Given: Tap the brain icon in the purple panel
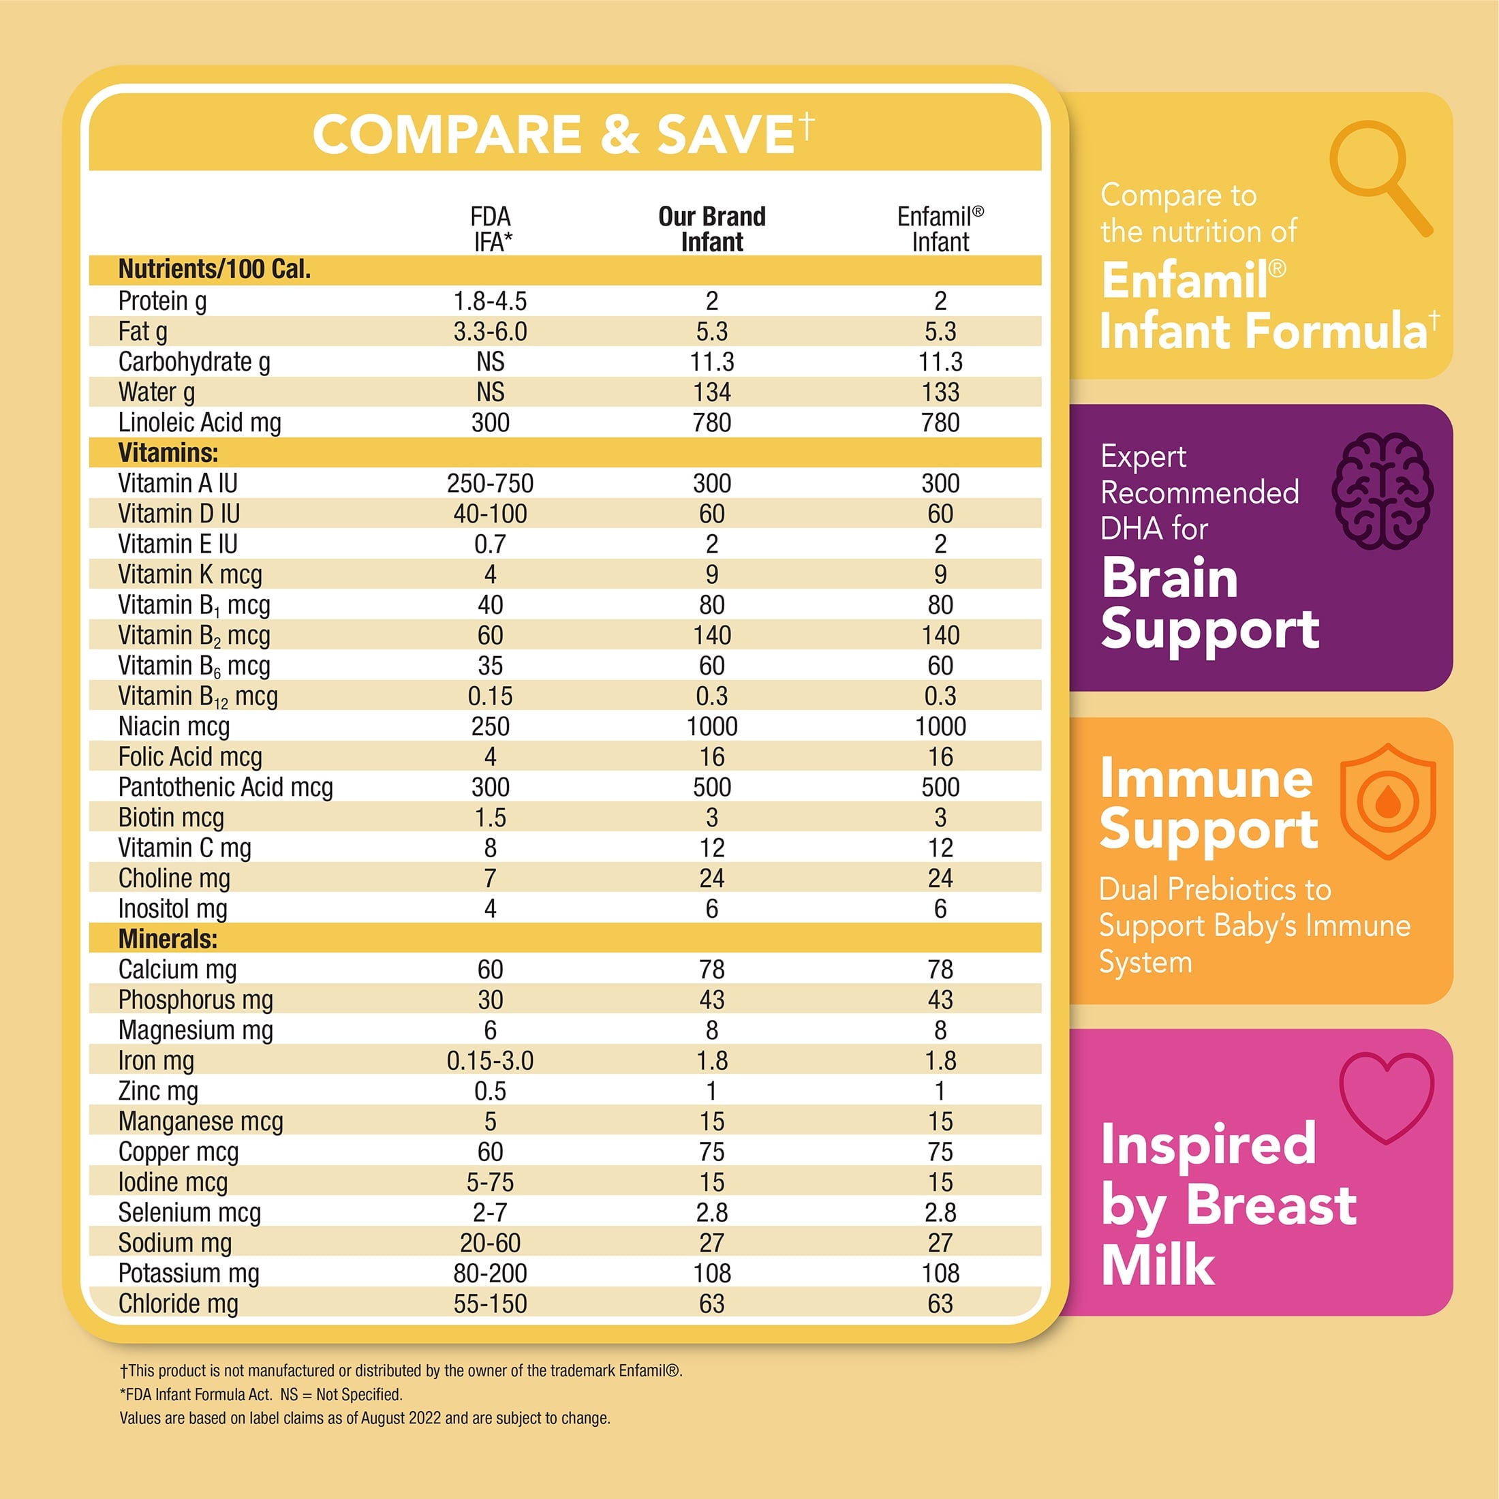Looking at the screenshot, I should [x=1382, y=491].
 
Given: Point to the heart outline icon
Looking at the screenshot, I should [x=1387, y=1096].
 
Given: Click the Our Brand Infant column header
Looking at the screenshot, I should [x=711, y=229].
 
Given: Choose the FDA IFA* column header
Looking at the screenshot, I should [x=491, y=229].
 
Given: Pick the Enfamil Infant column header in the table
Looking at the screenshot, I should [x=940, y=229].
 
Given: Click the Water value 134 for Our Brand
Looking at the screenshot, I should [x=711, y=392].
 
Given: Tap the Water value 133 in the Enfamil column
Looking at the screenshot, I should [x=940, y=392].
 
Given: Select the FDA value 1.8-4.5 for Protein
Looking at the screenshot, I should [x=491, y=301].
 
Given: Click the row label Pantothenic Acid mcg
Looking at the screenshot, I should [x=226, y=787].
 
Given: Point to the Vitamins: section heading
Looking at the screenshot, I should [x=168, y=452].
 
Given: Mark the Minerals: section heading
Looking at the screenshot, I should [x=168, y=939].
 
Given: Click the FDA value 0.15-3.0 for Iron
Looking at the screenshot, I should [x=491, y=1061].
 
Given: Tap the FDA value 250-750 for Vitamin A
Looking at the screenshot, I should [x=491, y=483].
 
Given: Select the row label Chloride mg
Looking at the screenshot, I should [x=179, y=1303].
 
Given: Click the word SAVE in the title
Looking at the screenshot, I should [x=725, y=135].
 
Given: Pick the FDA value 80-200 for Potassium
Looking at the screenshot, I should [x=491, y=1273].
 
